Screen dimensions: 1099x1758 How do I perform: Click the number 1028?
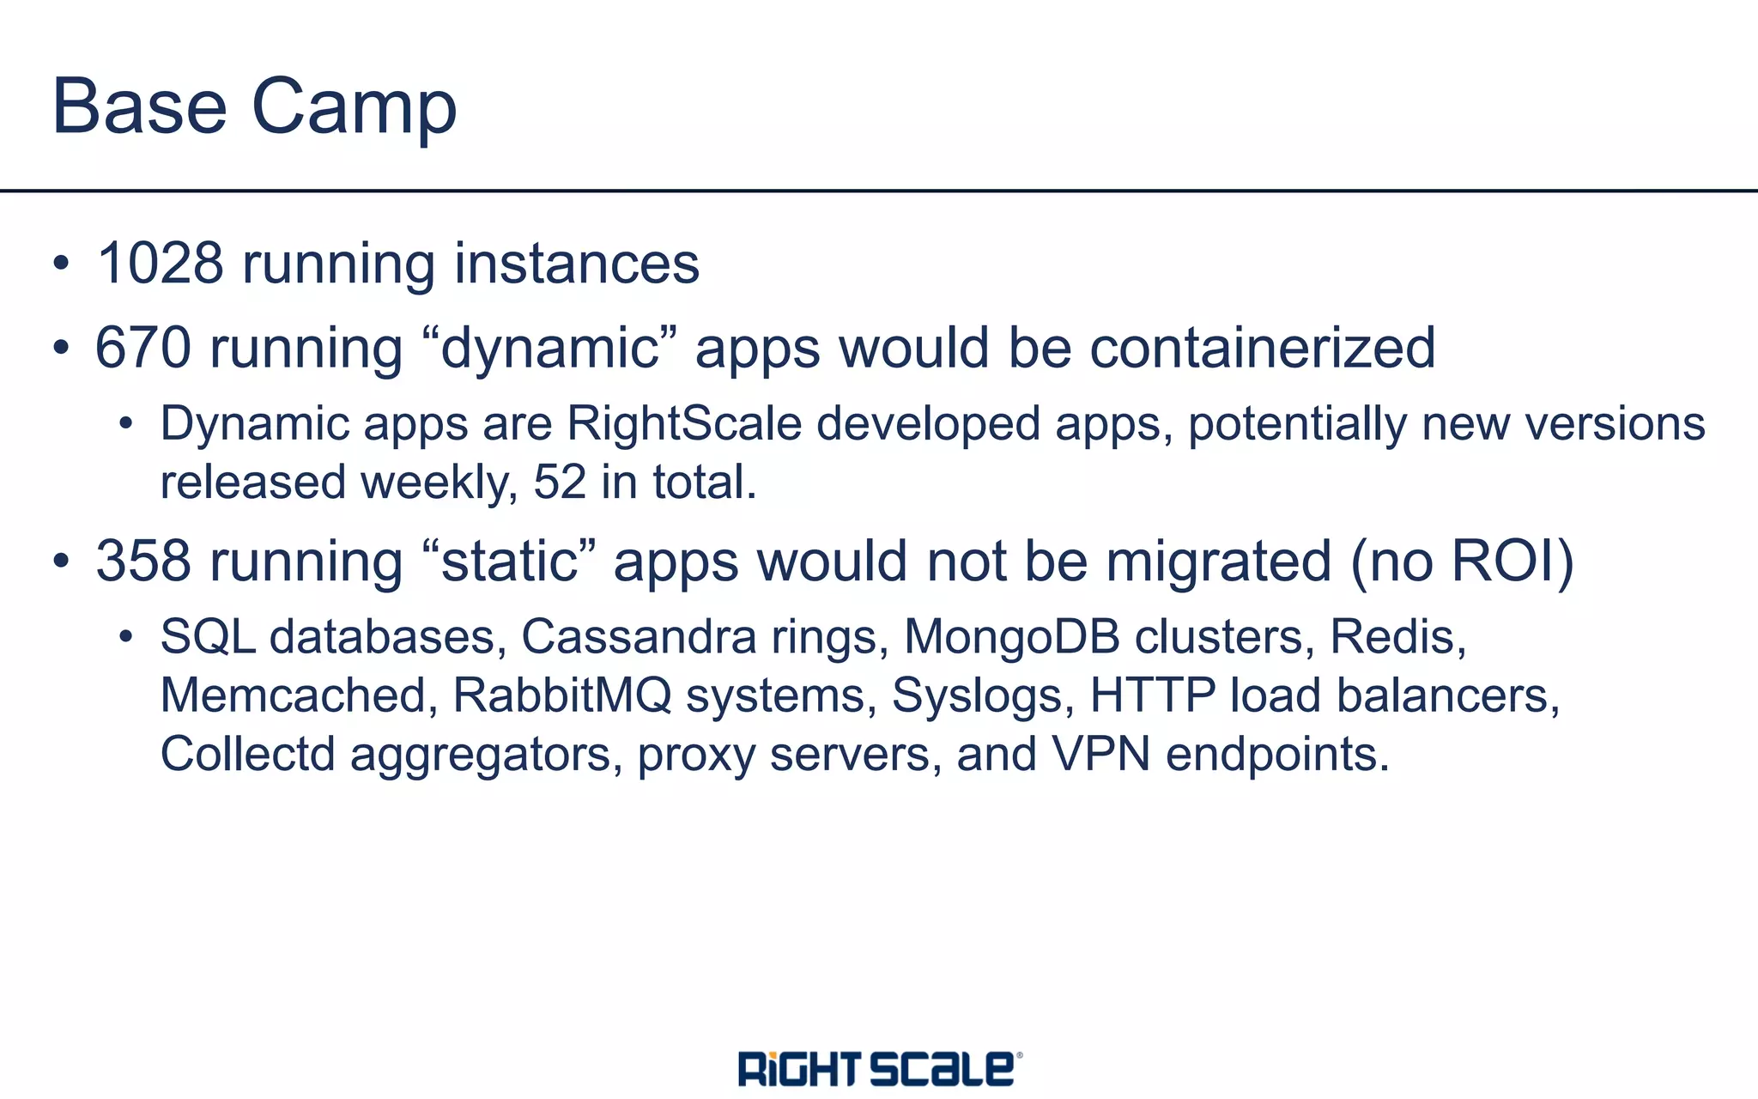pos(161,264)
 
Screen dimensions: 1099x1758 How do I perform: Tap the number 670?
pos(142,348)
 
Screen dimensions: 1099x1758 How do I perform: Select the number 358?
pos(142,562)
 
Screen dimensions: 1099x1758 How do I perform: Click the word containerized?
pos(1262,348)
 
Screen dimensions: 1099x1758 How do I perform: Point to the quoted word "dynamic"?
pos(550,348)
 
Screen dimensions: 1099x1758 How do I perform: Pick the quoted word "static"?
pos(509,562)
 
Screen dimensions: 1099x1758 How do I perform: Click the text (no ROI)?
pos(1462,562)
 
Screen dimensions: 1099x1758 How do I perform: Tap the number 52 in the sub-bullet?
pos(560,483)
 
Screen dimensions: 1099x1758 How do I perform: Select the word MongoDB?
pos(1012,637)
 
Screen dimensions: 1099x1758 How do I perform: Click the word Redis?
pos(1397,637)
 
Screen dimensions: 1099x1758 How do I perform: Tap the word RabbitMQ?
pos(562,695)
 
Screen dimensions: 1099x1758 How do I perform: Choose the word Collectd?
pos(247,754)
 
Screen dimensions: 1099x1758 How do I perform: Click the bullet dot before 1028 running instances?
pos(60,264)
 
